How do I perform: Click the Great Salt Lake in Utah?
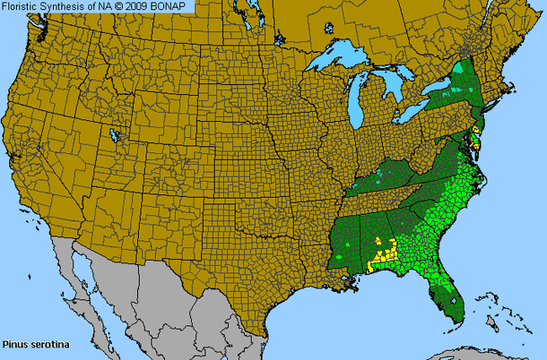click(114, 135)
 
